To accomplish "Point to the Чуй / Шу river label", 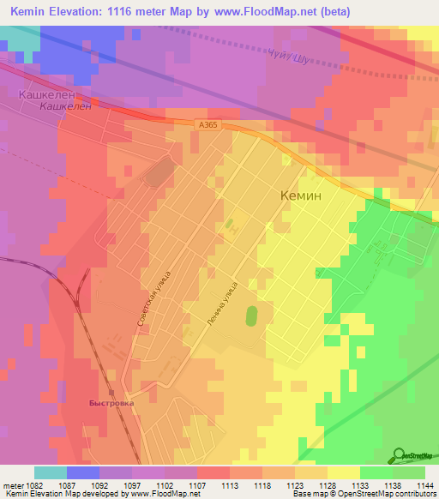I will click(288, 56).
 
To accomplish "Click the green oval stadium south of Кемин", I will click(251, 316).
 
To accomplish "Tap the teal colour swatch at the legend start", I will click(51, 472).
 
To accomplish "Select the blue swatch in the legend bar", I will click(83, 472).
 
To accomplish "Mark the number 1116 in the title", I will click(126, 11).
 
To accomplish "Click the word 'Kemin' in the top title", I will click(30, 11).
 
